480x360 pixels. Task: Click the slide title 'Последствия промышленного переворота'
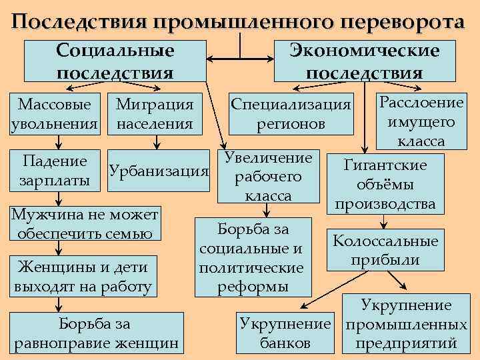tap(239, 21)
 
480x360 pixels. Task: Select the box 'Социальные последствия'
tap(115, 61)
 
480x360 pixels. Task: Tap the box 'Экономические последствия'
tap(364, 61)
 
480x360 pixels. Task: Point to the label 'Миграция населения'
tap(155, 114)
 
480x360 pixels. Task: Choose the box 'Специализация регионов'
tap(290, 115)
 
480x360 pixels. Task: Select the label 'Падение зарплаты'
tap(55, 171)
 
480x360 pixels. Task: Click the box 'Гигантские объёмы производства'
tap(385, 184)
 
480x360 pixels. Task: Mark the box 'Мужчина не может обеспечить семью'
tap(84, 224)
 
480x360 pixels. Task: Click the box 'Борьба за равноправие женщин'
tap(95, 333)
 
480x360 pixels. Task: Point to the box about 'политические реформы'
tap(252, 258)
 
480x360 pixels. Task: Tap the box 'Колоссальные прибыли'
tap(385, 250)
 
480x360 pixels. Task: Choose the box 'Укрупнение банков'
tap(285, 334)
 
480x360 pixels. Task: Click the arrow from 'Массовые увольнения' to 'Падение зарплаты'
tap(59, 143)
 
